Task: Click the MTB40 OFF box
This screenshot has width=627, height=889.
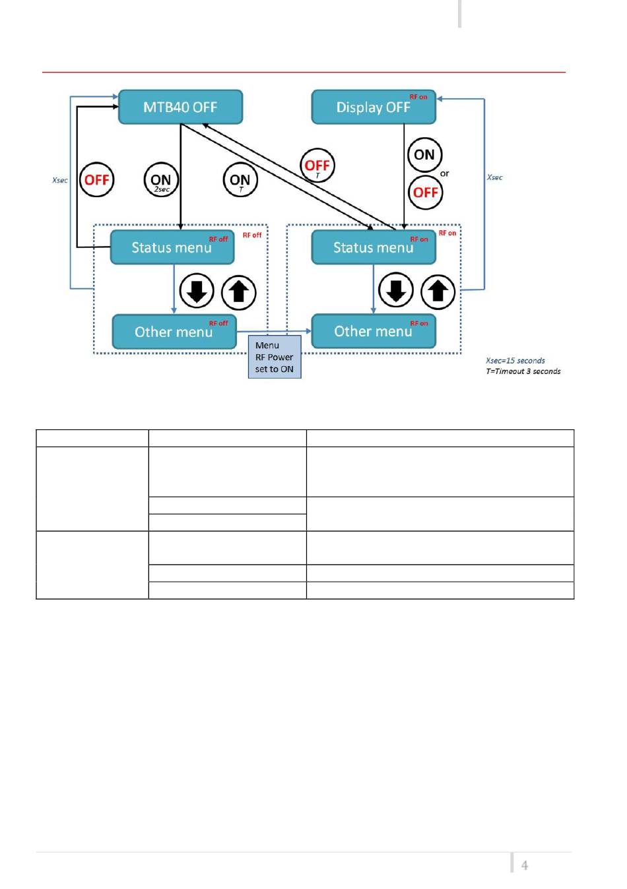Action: pos(180,107)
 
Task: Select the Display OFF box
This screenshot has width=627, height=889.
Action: pos(374,107)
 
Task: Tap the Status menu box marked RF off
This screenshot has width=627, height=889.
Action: pos(172,247)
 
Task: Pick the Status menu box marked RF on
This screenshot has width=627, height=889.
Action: pos(374,247)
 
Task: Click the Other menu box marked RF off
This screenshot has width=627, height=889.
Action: pos(174,332)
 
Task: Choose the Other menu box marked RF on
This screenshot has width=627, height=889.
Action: pos(374,331)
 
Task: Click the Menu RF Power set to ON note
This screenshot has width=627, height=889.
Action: pos(275,357)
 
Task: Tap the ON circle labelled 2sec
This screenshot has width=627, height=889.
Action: pos(161,180)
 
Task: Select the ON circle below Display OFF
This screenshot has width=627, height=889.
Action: pos(424,155)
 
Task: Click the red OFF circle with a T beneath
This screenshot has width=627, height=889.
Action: pos(317,166)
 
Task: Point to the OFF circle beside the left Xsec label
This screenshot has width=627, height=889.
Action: pos(97,180)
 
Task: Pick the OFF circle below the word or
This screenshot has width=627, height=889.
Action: pos(426,193)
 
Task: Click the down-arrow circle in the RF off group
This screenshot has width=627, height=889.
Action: pos(197,291)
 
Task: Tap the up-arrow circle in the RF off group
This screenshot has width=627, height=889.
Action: pos(238,291)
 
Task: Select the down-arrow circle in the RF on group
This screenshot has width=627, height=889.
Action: pos(396,290)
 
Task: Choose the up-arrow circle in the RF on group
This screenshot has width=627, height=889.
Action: pos(438,291)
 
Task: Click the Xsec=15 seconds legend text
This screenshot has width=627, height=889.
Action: pos(515,361)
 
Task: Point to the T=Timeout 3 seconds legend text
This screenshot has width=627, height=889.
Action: pos(523,371)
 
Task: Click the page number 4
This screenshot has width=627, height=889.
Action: pos(525,865)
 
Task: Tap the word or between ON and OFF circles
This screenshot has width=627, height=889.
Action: pos(444,173)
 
